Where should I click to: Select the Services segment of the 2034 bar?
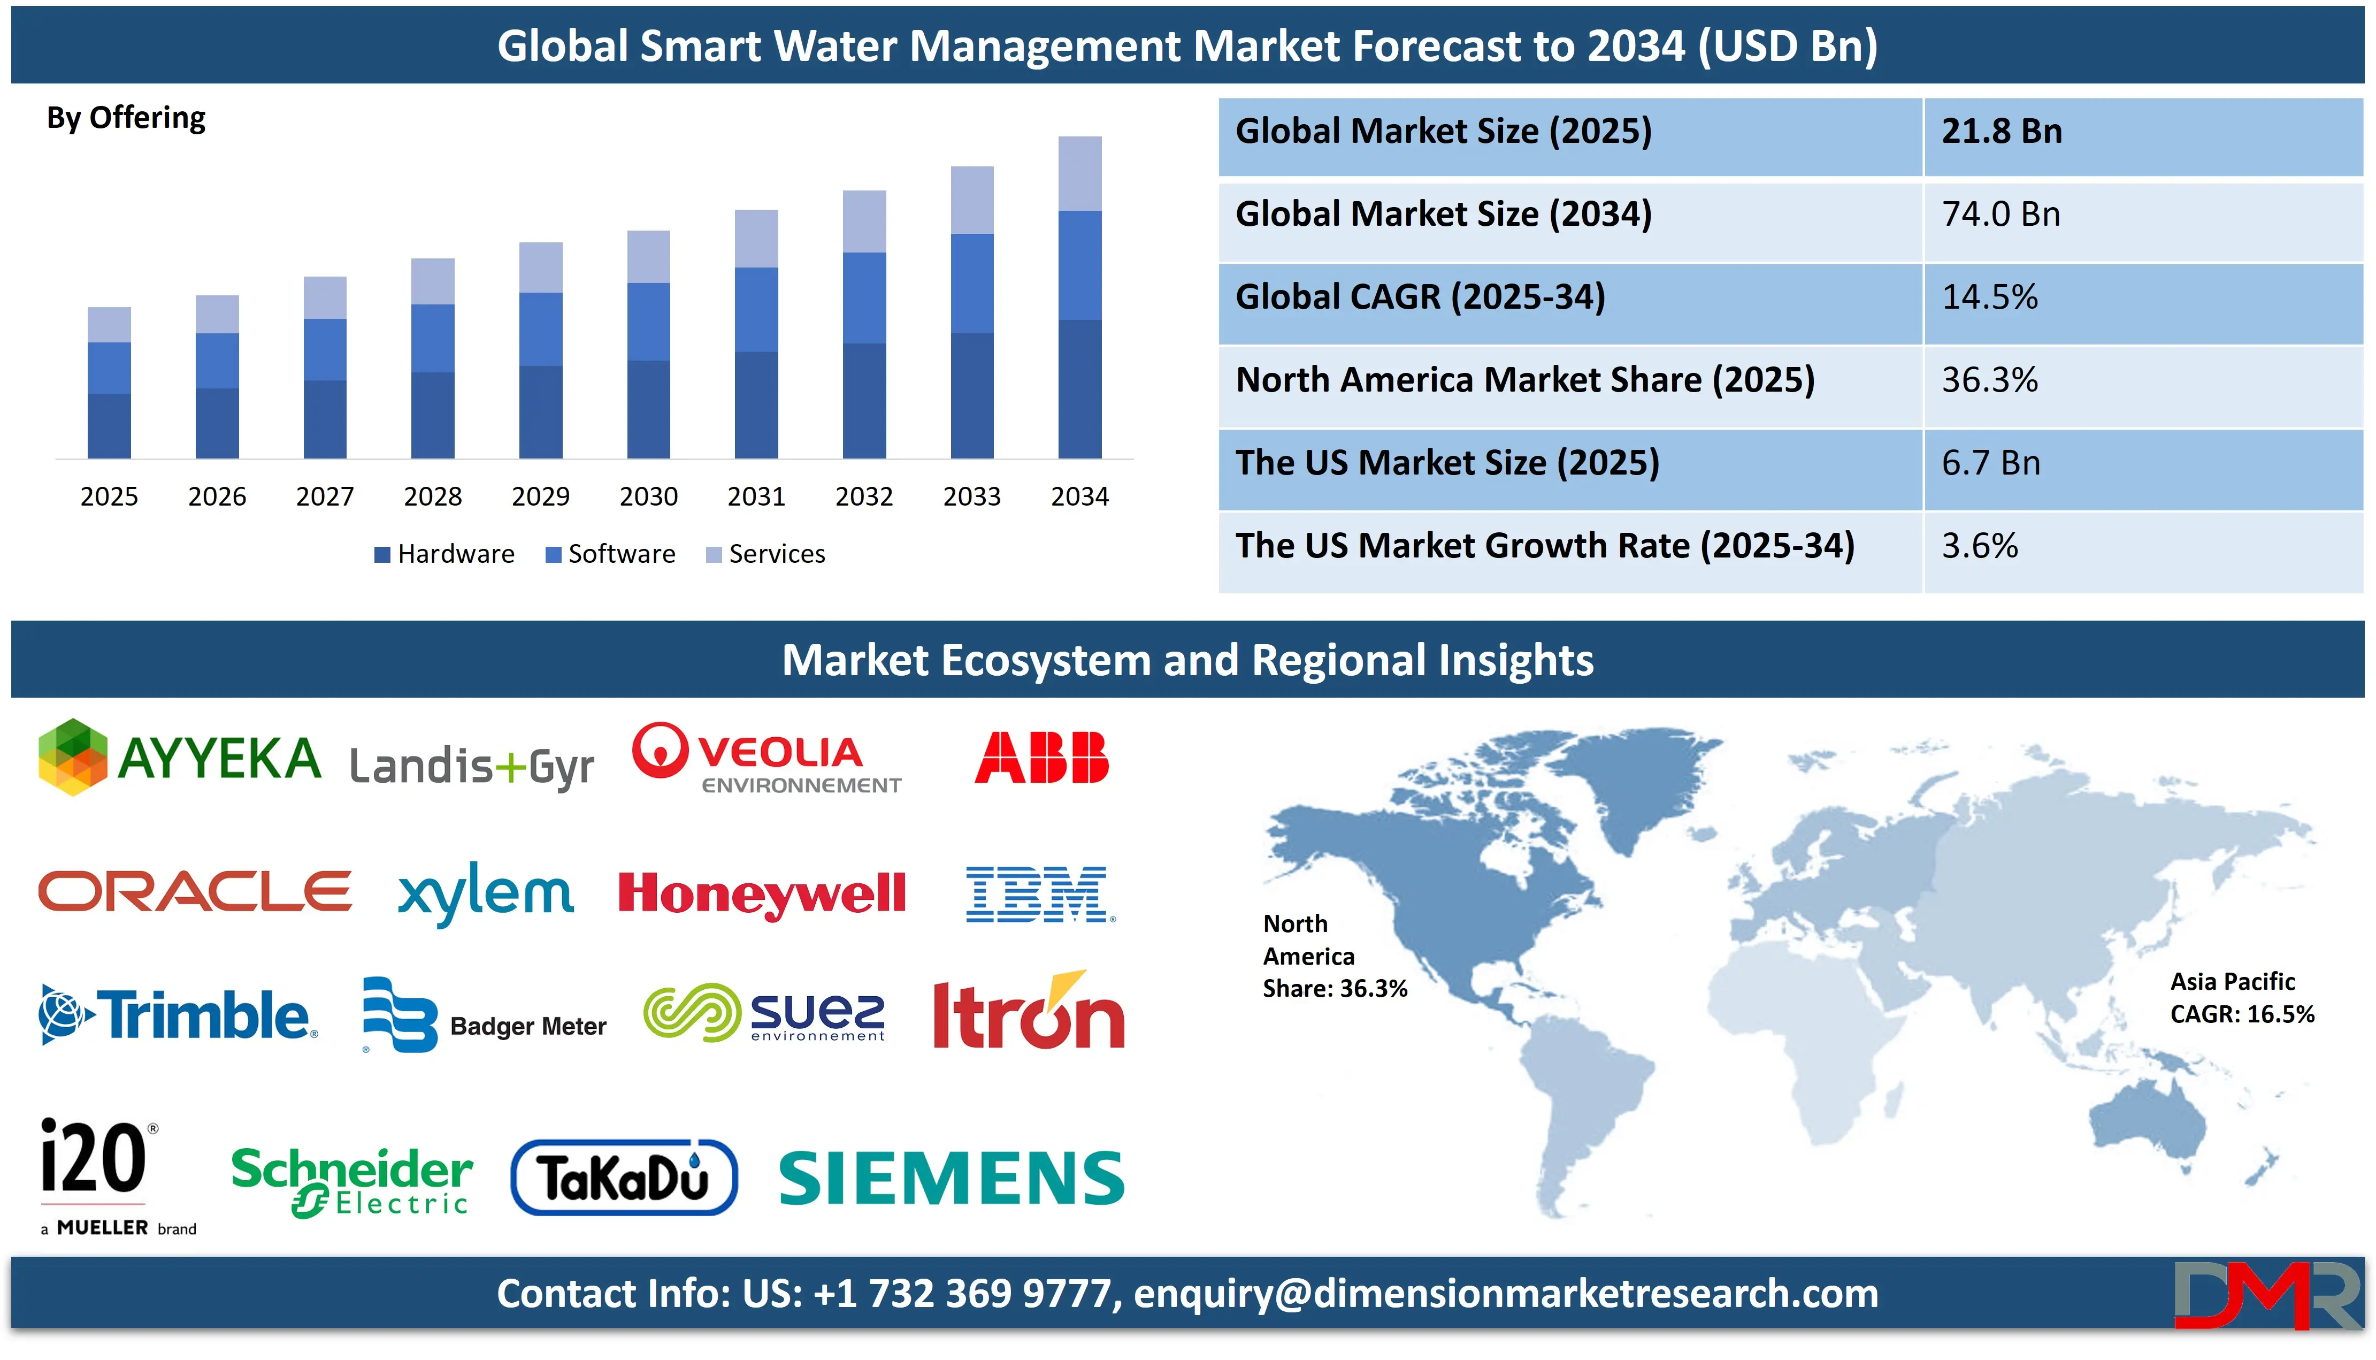[1079, 174]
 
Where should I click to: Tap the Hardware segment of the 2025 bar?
[109, 426]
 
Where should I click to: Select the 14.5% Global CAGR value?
[1989, 297]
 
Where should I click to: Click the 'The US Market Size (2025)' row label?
[1446, 463]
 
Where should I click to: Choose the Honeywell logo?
[762, 894]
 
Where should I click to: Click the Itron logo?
[1028, 1013]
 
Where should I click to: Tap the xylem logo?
[486, 894]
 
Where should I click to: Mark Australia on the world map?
[2147, 1121]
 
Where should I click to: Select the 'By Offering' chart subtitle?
[126, 118]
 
